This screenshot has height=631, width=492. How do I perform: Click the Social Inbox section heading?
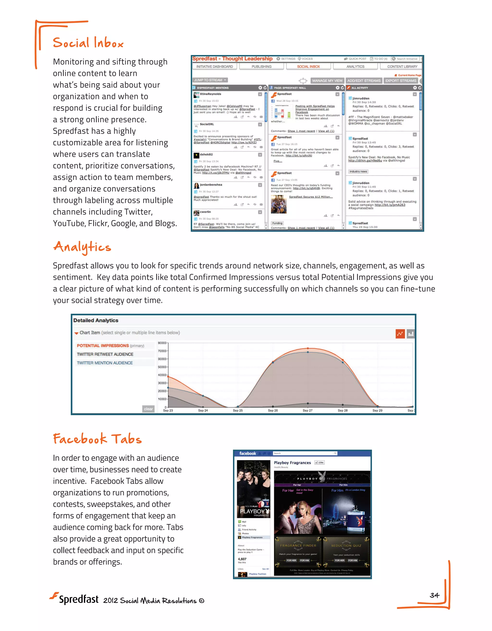[x=88, y=43]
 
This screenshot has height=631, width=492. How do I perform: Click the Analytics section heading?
[x=82, y=247]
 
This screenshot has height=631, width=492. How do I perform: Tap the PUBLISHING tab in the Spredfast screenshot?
[x=261, y=66]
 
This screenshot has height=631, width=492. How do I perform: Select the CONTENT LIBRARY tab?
[x=402, y=66]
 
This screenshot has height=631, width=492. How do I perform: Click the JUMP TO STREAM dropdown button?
[x=210, y=80]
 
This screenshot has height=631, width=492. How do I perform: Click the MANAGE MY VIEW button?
[x=327, y=81]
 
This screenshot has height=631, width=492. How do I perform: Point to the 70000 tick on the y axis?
[x=162, y=351]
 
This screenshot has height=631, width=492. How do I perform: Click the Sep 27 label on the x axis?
[x=307, y=410]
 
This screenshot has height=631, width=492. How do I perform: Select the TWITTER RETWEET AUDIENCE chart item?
[x=105, y=354]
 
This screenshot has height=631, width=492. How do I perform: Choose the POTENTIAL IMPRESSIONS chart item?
[x=103, y=345]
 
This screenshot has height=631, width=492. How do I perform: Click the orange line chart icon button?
[x=400, y=334]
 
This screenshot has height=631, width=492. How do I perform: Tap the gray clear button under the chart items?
[x=148, y=409]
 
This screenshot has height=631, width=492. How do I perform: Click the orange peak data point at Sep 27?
[x=307, y=348]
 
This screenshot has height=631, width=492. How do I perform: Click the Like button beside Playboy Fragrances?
[x=320, y=462]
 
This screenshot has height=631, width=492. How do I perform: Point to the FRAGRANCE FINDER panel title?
[x=298, y=546]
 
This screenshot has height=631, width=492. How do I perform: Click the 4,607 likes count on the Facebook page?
[x=242, y=559]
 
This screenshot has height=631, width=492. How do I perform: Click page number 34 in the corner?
[x=434, y=595]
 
